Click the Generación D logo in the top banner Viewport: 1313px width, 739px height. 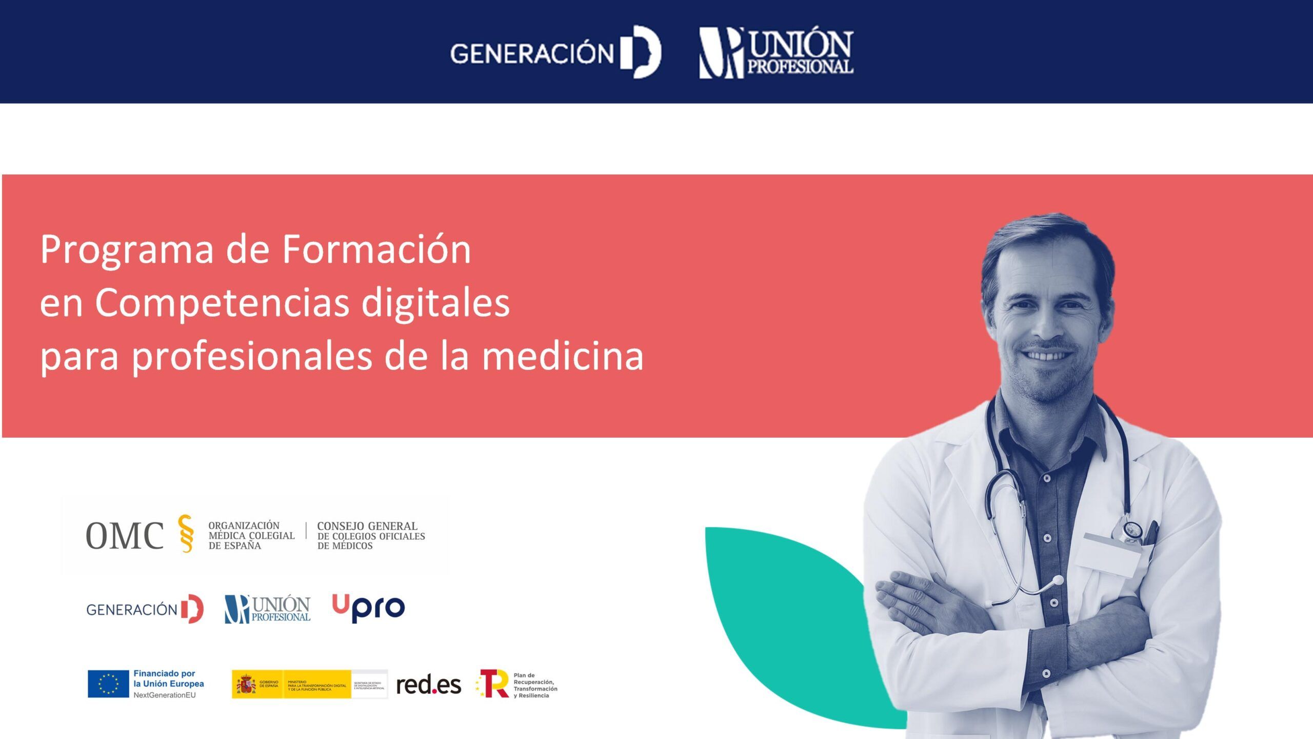click(555, 52)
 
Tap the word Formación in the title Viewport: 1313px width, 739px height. click(376, 249)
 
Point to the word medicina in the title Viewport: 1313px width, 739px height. click(563, 356)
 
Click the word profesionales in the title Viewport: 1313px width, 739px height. click(252, 357)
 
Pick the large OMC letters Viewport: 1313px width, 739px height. click(125, 536)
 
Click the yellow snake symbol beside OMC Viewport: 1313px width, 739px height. click(186, 534)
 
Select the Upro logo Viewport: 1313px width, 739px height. click(368, 608)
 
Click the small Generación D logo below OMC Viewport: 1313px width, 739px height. click(145, 609)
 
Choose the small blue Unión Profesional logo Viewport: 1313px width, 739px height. click(267, 609)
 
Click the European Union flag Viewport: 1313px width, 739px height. click(108, 684)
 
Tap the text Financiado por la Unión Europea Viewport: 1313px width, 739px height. click(168, 678)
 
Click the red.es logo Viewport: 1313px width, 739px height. click(428, 685)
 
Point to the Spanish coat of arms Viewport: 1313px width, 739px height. click(246, 685)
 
